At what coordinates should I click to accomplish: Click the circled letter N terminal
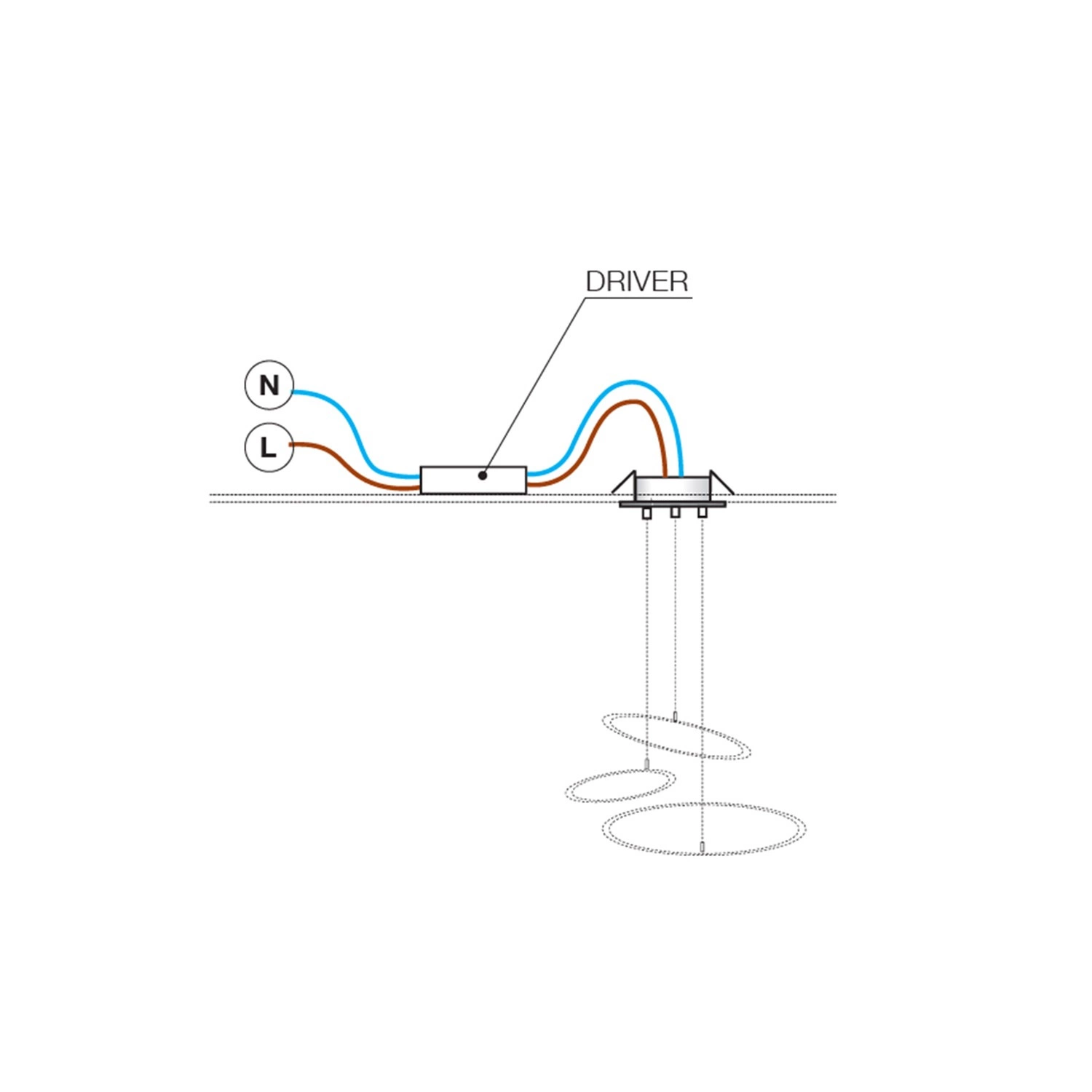(269, 384)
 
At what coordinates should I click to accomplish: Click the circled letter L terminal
(269, 447)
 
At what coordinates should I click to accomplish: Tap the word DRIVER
(637, 282)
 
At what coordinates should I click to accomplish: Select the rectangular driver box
(473, 480)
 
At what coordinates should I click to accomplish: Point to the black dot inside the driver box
(482, 475)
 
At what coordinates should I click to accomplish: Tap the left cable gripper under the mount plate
(646, 513)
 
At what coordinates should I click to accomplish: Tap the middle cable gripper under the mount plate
(675, 512)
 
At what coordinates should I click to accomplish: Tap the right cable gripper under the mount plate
(703, 513)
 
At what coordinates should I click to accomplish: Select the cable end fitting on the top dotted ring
(676, 718)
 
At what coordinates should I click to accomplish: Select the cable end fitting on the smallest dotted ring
(646, 764)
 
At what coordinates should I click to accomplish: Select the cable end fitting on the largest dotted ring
(702, 847)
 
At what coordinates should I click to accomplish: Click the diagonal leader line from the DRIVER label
(534, 386)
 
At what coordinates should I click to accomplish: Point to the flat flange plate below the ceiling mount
(673, 504)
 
